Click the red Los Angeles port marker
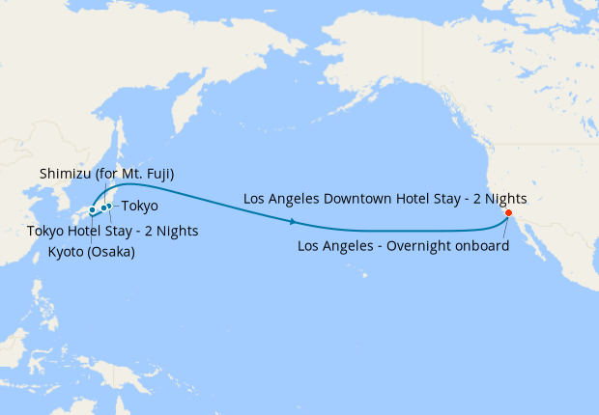(x=508, y=213)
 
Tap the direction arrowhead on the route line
(x=293, y=222)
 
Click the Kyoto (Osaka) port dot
(x=92, y=209)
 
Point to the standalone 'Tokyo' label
(x=140, y=206)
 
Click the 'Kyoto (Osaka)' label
(x=91, y=252)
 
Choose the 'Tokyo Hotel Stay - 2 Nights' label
(x=112, y=231)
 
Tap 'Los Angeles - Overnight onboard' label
(x=404, y=246)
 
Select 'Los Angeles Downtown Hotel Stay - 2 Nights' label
(x=385, y=198)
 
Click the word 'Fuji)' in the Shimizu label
(x=158, y=174)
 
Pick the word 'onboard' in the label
(x=483, y=246)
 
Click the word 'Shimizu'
(x=67, y=174)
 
